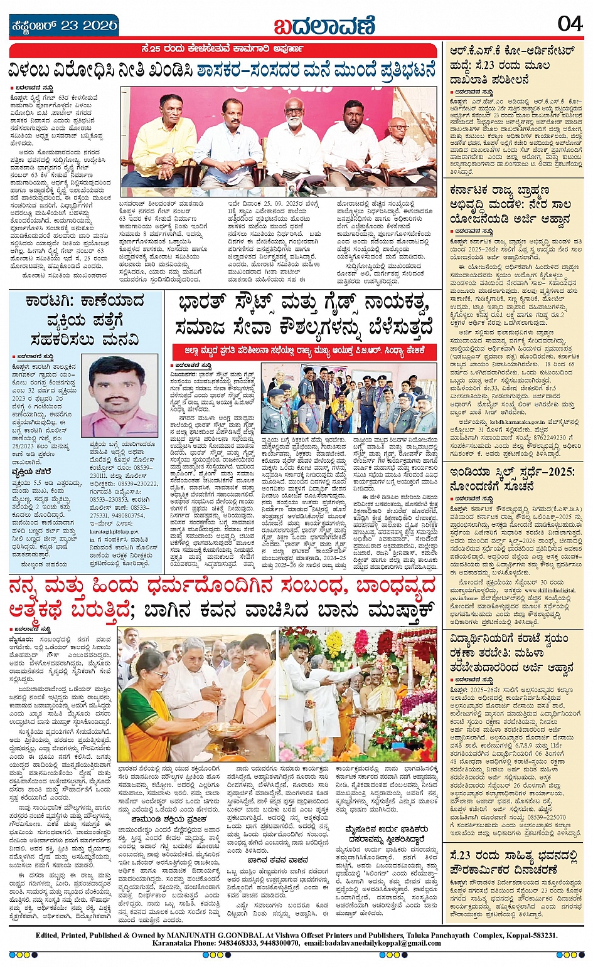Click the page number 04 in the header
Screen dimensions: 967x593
point(570,24)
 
